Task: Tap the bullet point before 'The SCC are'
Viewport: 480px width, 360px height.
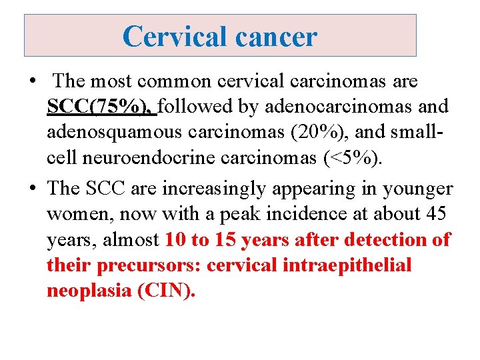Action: click(x=31, y=189)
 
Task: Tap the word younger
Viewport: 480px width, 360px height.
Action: click(x=417, y=189)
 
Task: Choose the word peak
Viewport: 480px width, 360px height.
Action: click(x=247, y=215)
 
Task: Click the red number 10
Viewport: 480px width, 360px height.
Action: click(x=177, y=240)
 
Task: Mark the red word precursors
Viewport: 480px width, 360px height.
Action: click(x=148, y=266)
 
